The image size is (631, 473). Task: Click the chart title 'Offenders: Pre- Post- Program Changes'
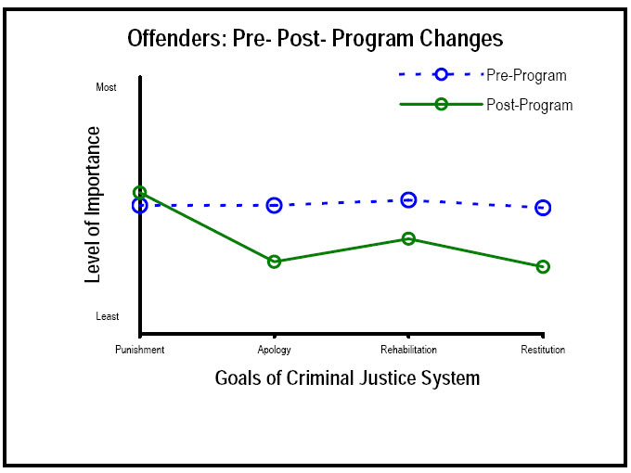pyautogui.click(x=315, y=39)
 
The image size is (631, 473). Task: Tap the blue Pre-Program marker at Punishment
pyautogui.click(x=140, y=205)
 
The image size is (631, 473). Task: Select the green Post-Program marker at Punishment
pyautogui.click(x=140, y=193)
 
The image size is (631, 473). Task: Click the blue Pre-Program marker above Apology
pyautogui.click(x=275, y=205)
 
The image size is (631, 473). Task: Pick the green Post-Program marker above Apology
pyautogui.click(x=275, y=262)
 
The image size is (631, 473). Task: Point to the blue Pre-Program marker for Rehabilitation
pyautogui.click(x=408, y=199)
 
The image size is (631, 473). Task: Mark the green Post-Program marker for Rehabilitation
pyautogui.click(x=408, y=238)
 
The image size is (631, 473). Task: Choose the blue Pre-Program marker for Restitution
pyautogui.click(x=543, y=208)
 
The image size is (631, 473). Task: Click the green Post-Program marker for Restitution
pyautogui.click(x=543, y=267)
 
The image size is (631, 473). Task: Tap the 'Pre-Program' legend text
pyautogui.click(x=526, y=75)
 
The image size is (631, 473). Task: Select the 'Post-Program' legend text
pyautogui.click(x=529, y=105)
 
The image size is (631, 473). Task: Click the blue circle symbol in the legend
pyautogui.click(x=442, y=75)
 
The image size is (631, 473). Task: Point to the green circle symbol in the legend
pyautogui.click(x=442, y=105)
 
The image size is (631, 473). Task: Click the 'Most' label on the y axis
pyautogui.click(x=107, y=88)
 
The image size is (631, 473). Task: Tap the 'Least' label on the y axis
pyautogui.click(x=108, y=316)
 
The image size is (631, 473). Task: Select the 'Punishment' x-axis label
pyautogui.click(x=140, y=350)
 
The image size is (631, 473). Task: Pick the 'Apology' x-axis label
pyautogui.click(x=275, y=350)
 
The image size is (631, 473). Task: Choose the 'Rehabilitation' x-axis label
pyautogui.click(x=408, y=350)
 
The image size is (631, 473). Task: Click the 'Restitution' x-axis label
pyautogui.click(x=543, y=350)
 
